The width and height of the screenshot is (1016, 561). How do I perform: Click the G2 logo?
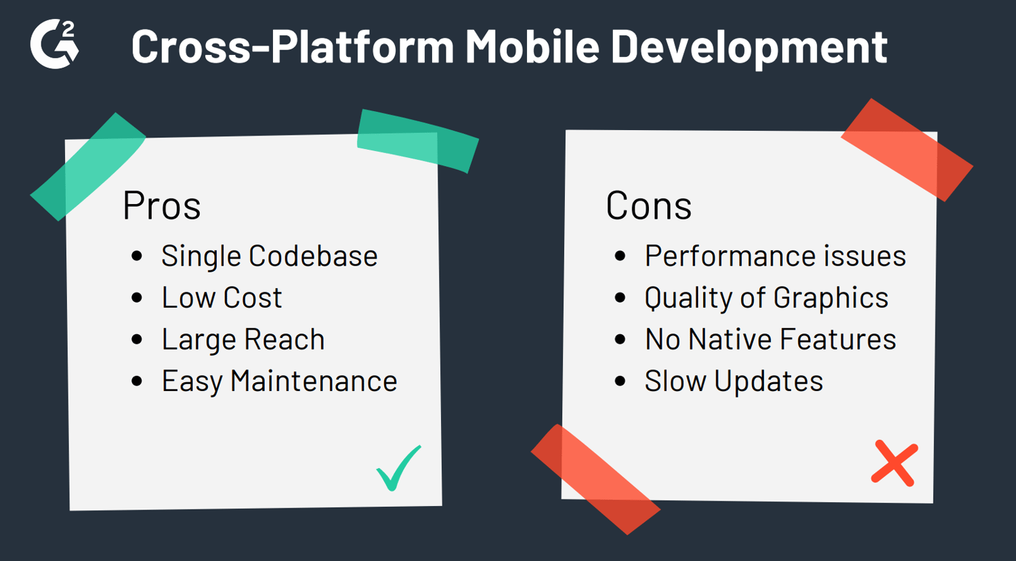click(x=54, y=44)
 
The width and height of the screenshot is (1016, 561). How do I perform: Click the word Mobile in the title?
click(x=532, y=46)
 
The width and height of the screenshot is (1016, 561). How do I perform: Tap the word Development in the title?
click(x=749, y=48)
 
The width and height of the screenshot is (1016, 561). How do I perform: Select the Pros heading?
click(x=161, y=205)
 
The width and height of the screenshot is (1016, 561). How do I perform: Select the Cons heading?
click(x=649, y=205)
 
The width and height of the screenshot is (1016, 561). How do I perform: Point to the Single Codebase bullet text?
click(x=270, y=257)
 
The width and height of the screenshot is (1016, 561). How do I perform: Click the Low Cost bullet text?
click(x=221, y=297)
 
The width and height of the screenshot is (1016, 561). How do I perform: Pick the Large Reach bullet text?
click(x=243, y=340)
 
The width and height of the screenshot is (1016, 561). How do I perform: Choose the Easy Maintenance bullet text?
click(x=279, y=381)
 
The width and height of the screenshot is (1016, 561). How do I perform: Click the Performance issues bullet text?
click(x=775, y=256)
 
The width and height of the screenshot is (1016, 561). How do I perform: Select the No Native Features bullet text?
click(x=771, y=339)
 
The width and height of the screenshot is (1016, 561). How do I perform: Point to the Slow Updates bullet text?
click(x=734, y=381)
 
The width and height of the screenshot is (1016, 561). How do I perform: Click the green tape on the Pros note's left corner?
click(x=88, y=167)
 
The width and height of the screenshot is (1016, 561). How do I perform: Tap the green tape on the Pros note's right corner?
click(x=418, y=141)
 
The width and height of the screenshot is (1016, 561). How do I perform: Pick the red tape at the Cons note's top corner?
click(x=907, y=150)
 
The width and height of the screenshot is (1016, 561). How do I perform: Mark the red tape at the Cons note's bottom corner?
click(x=595, y=479)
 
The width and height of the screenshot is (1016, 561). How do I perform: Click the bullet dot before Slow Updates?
click(x=620, y=381)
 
